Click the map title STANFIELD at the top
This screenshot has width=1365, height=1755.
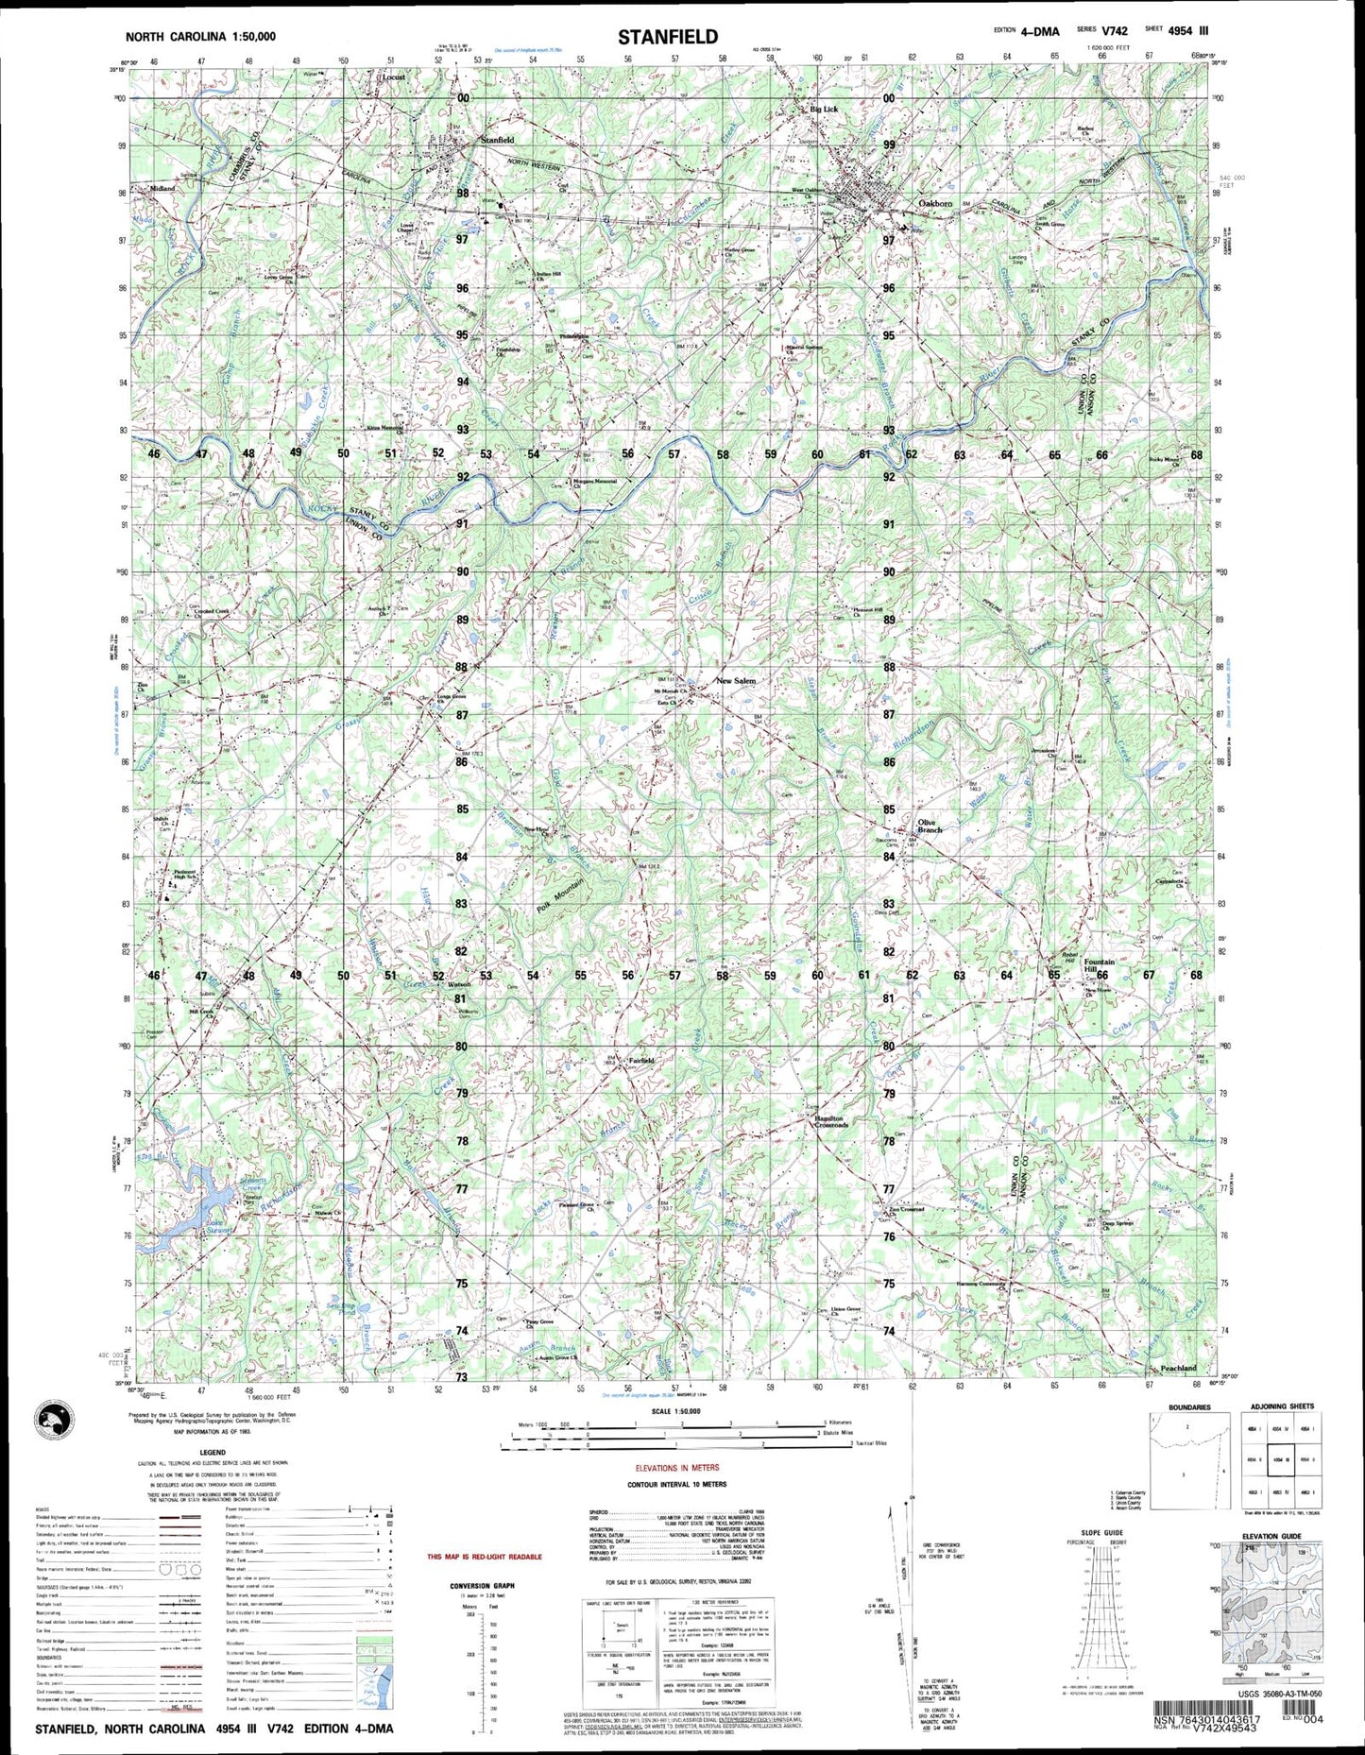[668, 38]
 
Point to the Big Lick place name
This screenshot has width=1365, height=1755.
[824, 110]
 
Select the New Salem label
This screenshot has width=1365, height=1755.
[735, 680]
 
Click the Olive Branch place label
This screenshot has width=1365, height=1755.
[928, 826]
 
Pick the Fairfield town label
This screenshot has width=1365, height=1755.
[640, 1060]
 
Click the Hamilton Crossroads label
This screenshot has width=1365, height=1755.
[831, 1121]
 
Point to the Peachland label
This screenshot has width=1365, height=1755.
[1178, 1368]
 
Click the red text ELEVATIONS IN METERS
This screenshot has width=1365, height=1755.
[676, 1468]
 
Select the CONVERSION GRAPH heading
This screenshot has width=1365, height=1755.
[483, 1586]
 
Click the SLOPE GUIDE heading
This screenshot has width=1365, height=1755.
[1101, 1532]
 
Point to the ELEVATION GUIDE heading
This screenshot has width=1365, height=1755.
[1271, 1536]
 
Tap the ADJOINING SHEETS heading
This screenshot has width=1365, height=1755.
[1282, 1406]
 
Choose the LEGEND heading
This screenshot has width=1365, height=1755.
[212, 1452]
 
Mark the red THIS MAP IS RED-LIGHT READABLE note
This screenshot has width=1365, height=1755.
[484, 1556]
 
